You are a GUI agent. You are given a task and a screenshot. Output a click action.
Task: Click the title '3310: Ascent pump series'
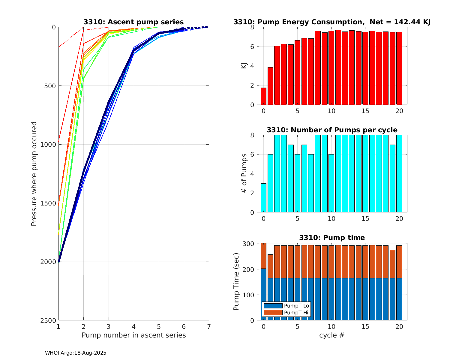[x=133, y=22]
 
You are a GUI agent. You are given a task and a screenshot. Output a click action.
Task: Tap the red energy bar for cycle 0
[x=263, y=96]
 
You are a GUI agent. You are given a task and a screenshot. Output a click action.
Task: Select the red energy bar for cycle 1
[x=270, y=86]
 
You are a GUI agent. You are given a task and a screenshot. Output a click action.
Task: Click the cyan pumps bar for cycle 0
[x=263, y=198]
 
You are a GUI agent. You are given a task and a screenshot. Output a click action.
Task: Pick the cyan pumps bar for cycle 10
[x=331, y=183]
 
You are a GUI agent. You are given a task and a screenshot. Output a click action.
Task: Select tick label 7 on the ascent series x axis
[x=209, y=326]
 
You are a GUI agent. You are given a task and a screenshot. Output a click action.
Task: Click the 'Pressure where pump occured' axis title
[x=34, y=174]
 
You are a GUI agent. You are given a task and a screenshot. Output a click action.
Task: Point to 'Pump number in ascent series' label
[x=133, y=335]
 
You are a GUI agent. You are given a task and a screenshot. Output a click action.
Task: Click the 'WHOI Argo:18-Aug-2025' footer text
[x=76, y=353]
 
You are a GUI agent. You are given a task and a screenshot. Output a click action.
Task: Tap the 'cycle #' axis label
[x=331, y=335]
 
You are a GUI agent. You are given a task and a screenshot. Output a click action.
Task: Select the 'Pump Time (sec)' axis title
[x=236, y=282]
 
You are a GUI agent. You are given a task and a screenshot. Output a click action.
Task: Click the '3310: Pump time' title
[x=332, y=238]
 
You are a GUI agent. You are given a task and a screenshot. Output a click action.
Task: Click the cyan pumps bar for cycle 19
[x=392, y=178]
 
